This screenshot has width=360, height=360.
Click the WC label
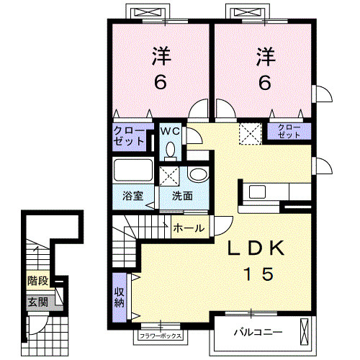click(170, 131)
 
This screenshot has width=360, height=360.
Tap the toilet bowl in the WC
click(171, 150)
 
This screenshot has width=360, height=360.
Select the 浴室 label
click(132, 196)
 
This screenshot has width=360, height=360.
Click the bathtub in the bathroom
click(133, 170)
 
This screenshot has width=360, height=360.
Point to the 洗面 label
click(182, 196)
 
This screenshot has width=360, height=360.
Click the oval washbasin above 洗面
click(198, 174)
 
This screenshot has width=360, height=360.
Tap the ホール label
click(189, 228)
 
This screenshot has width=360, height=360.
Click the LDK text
click(256, 248)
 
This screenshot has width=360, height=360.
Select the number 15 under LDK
click(258, 274)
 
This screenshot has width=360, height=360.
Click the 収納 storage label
click(119, 297)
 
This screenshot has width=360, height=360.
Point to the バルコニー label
click(258, 333)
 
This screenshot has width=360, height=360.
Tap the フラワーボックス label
click(161, 336)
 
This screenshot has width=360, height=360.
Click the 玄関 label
click(38, 302)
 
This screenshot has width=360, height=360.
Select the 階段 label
click(38, 281)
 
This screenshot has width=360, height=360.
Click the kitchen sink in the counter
click(257, 192)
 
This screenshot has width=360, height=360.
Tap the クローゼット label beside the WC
click(129, 136)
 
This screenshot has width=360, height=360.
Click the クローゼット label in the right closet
click(289, 131)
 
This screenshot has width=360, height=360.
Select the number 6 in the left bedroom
click(160, 82)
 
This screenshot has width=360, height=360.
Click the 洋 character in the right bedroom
click(265, 57)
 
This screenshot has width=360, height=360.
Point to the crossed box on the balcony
click(304, 333)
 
